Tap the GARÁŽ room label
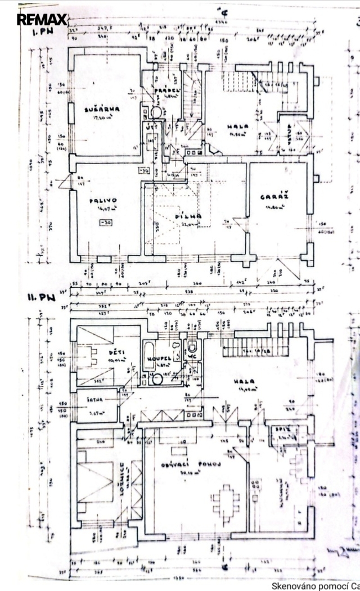[274, 197]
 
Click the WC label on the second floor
[192, 355]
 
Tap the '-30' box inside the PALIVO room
[105, 223]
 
